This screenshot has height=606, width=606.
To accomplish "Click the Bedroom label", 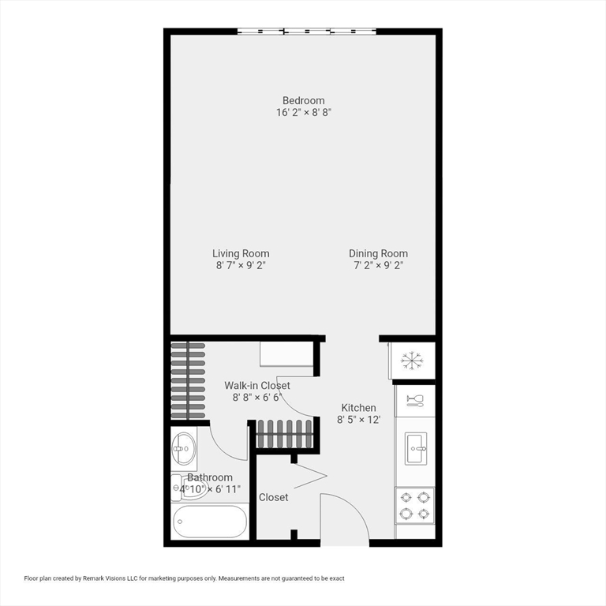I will coord(304,100).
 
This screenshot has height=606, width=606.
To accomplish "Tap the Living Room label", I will coord(241,253).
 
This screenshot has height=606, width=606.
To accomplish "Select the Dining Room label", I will coord(379,253).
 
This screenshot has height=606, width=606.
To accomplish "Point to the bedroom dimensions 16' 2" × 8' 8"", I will coord(304,113).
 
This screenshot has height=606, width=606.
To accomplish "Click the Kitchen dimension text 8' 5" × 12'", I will coord(359,420).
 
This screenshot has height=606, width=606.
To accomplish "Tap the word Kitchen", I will coord(358,407).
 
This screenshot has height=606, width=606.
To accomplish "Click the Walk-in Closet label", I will coord(257,385).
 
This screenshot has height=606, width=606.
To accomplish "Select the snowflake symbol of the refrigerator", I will coord(412,361).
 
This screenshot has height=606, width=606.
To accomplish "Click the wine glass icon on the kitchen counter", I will coord(415,400).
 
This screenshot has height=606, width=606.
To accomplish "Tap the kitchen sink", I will coord(415,448).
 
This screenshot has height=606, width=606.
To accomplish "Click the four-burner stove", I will coord(415,505).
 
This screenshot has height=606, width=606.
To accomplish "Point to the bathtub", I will coord(210,522).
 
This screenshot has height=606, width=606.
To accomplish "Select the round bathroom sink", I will coord(184,450).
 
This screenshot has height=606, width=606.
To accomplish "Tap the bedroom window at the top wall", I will coord(307,32).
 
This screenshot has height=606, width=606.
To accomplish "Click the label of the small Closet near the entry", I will coord(274,497).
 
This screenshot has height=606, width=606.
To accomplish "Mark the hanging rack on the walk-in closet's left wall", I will coord(189,380).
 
